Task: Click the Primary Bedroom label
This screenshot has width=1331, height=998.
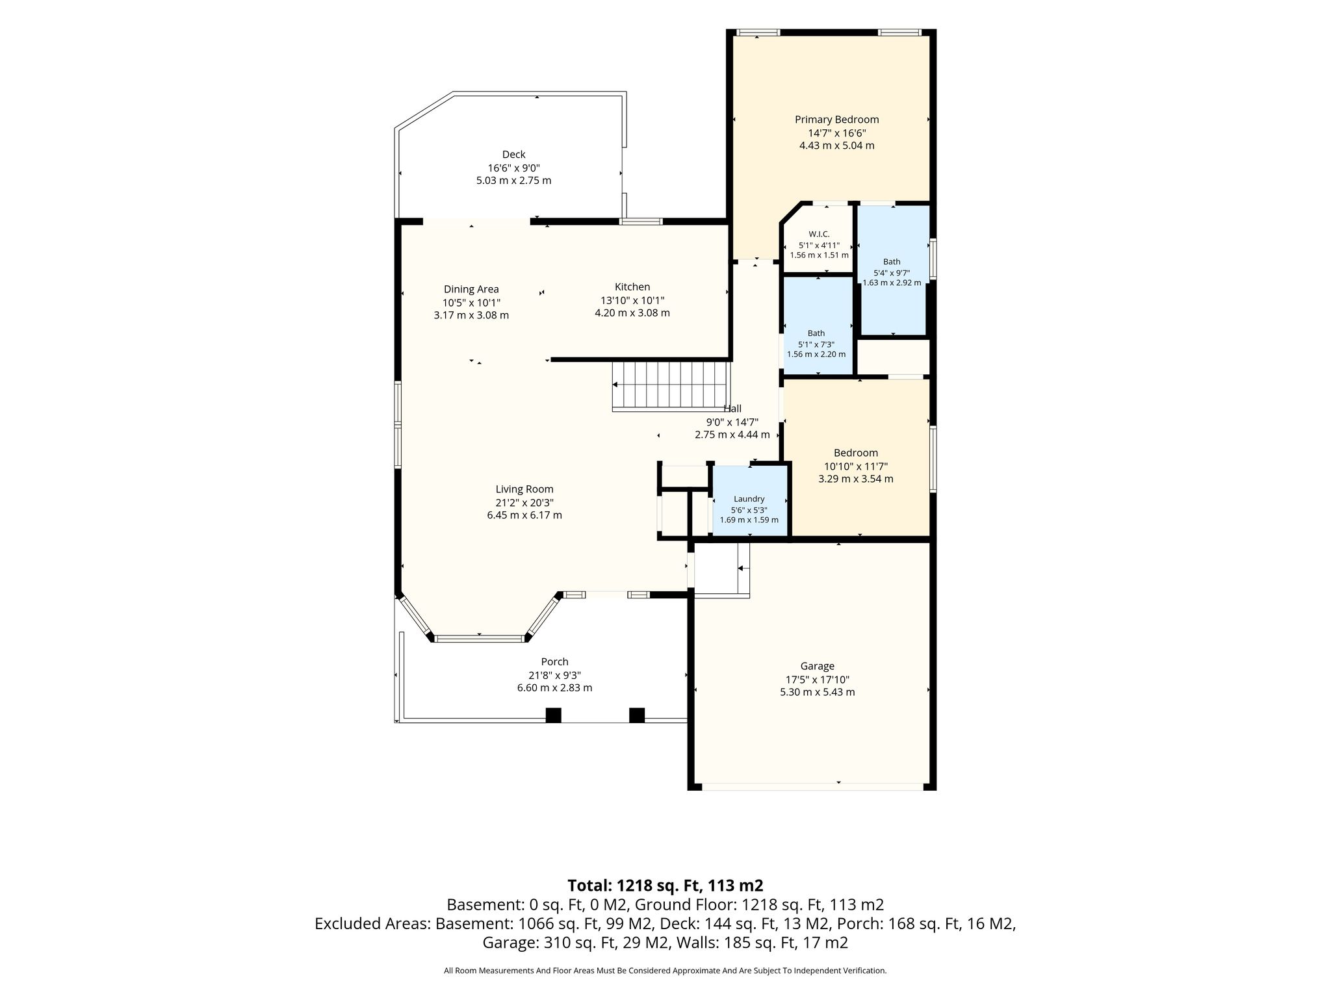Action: coord(836,120)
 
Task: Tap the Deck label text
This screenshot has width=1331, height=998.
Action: coord(513,155)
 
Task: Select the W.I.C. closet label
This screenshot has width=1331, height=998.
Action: coord(819,234)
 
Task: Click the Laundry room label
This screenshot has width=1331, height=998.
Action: coord(749,499)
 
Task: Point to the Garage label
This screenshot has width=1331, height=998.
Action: coord(817,666)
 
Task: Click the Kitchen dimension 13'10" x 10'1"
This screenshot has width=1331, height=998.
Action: coord(632,300)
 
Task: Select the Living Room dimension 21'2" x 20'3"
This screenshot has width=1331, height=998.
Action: coord(524,502)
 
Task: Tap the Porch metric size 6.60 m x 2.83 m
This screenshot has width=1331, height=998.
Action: coord(554,687)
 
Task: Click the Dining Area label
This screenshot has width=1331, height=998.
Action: coord(471,289)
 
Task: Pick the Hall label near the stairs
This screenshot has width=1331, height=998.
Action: coord(732,409)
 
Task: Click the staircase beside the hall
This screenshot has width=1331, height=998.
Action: coord(671,387)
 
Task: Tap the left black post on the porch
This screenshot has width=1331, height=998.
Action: coord(553,715)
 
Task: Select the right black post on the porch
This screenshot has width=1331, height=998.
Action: coord(637,715)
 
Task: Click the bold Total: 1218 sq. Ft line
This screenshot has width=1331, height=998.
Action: coord(665,885)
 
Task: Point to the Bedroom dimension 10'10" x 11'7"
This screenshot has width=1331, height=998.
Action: coord(856,466)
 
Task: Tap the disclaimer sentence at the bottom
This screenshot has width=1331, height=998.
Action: coord(665,971)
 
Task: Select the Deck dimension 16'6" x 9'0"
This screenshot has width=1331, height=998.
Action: coord(513,168)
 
